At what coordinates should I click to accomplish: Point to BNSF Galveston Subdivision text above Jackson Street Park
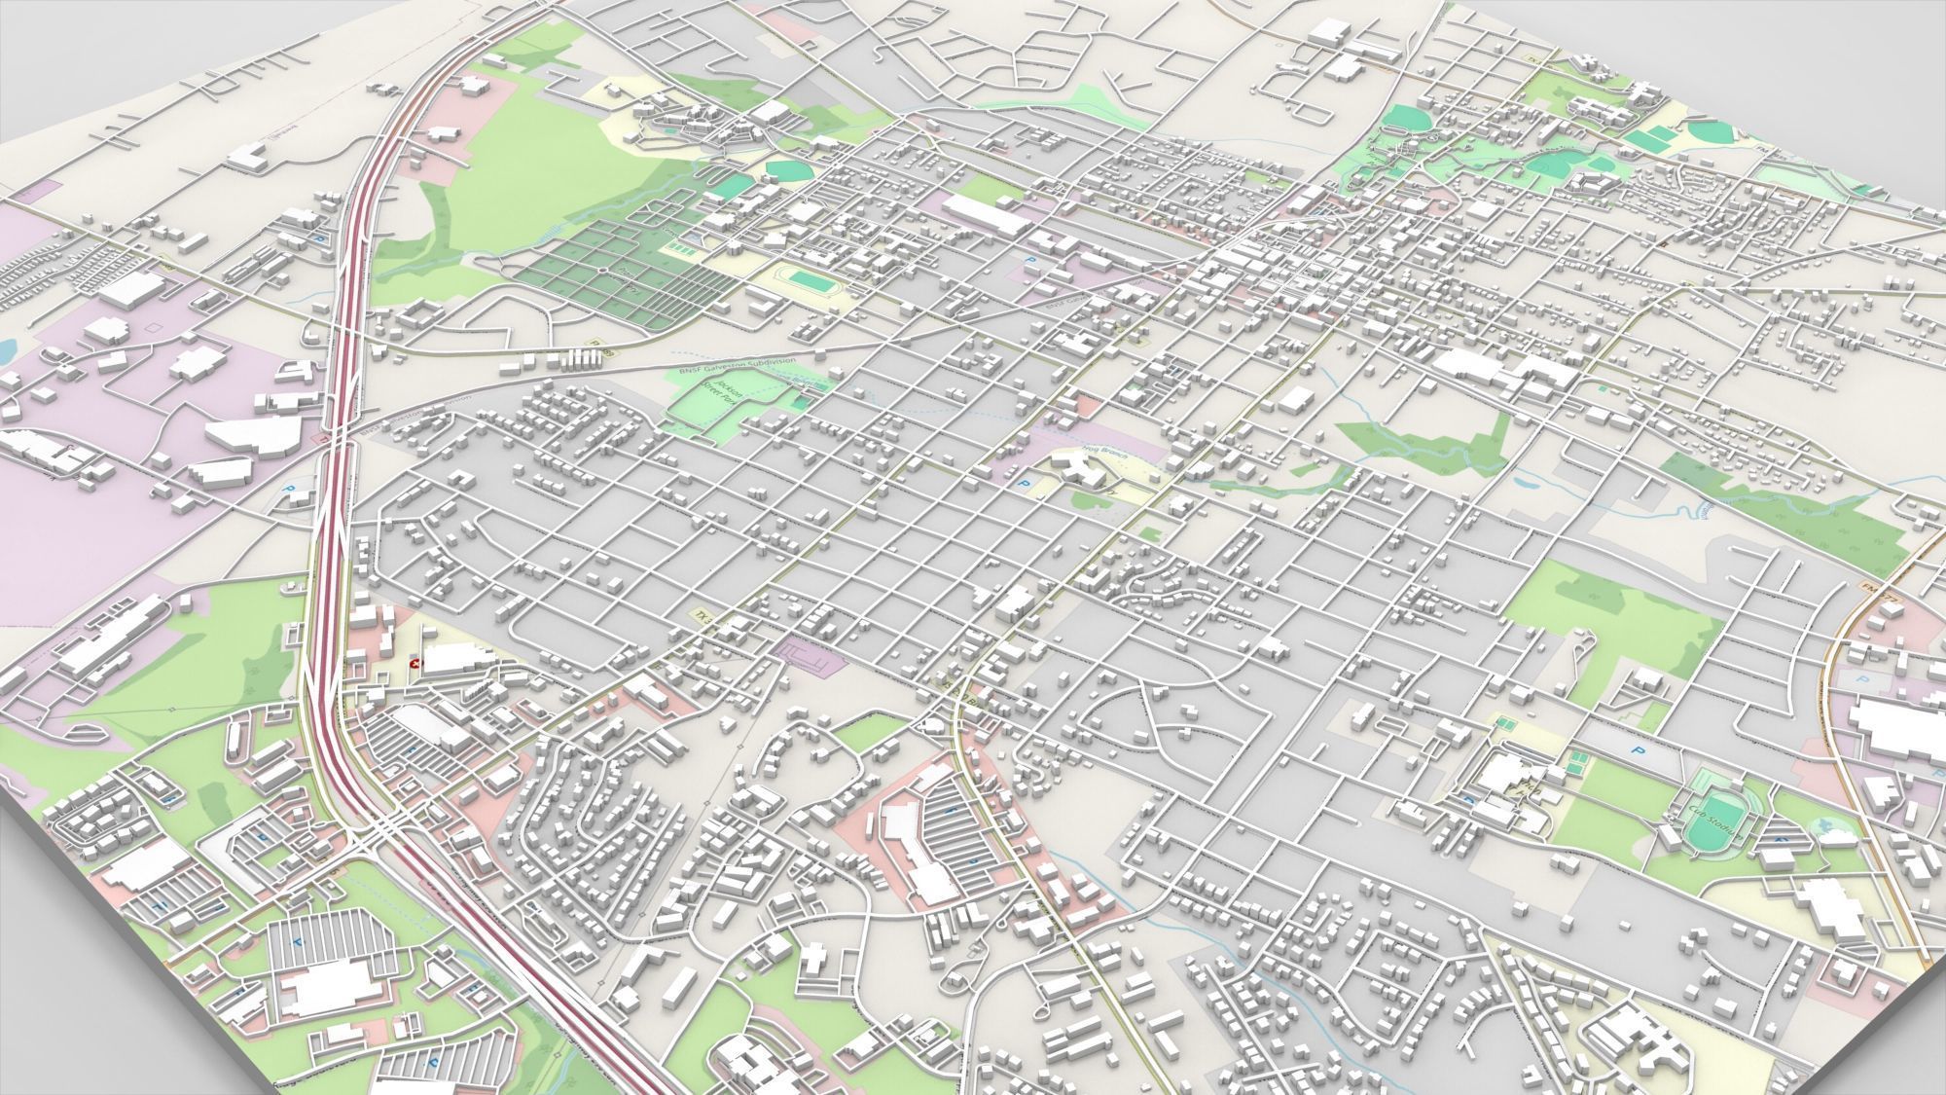[737, 366]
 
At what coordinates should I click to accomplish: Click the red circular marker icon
[414, 663]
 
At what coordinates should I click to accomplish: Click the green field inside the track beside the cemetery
[807, 279]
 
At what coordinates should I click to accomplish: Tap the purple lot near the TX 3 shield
[808, 656]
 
